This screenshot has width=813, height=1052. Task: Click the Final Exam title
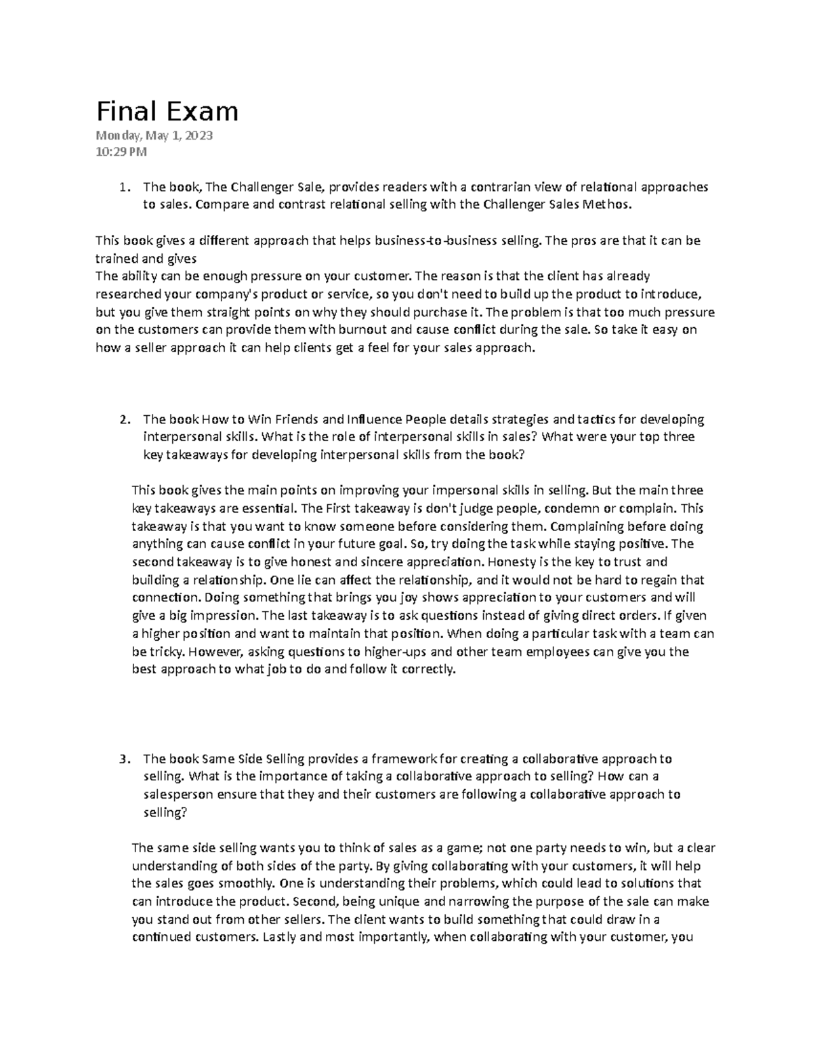pos(167,111)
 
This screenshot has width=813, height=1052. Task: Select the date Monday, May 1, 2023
pos(154,135)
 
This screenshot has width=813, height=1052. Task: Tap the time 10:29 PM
pos(121,152)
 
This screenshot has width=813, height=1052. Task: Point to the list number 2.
pos(122,419)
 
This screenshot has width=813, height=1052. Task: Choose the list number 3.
pos(122,759)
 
